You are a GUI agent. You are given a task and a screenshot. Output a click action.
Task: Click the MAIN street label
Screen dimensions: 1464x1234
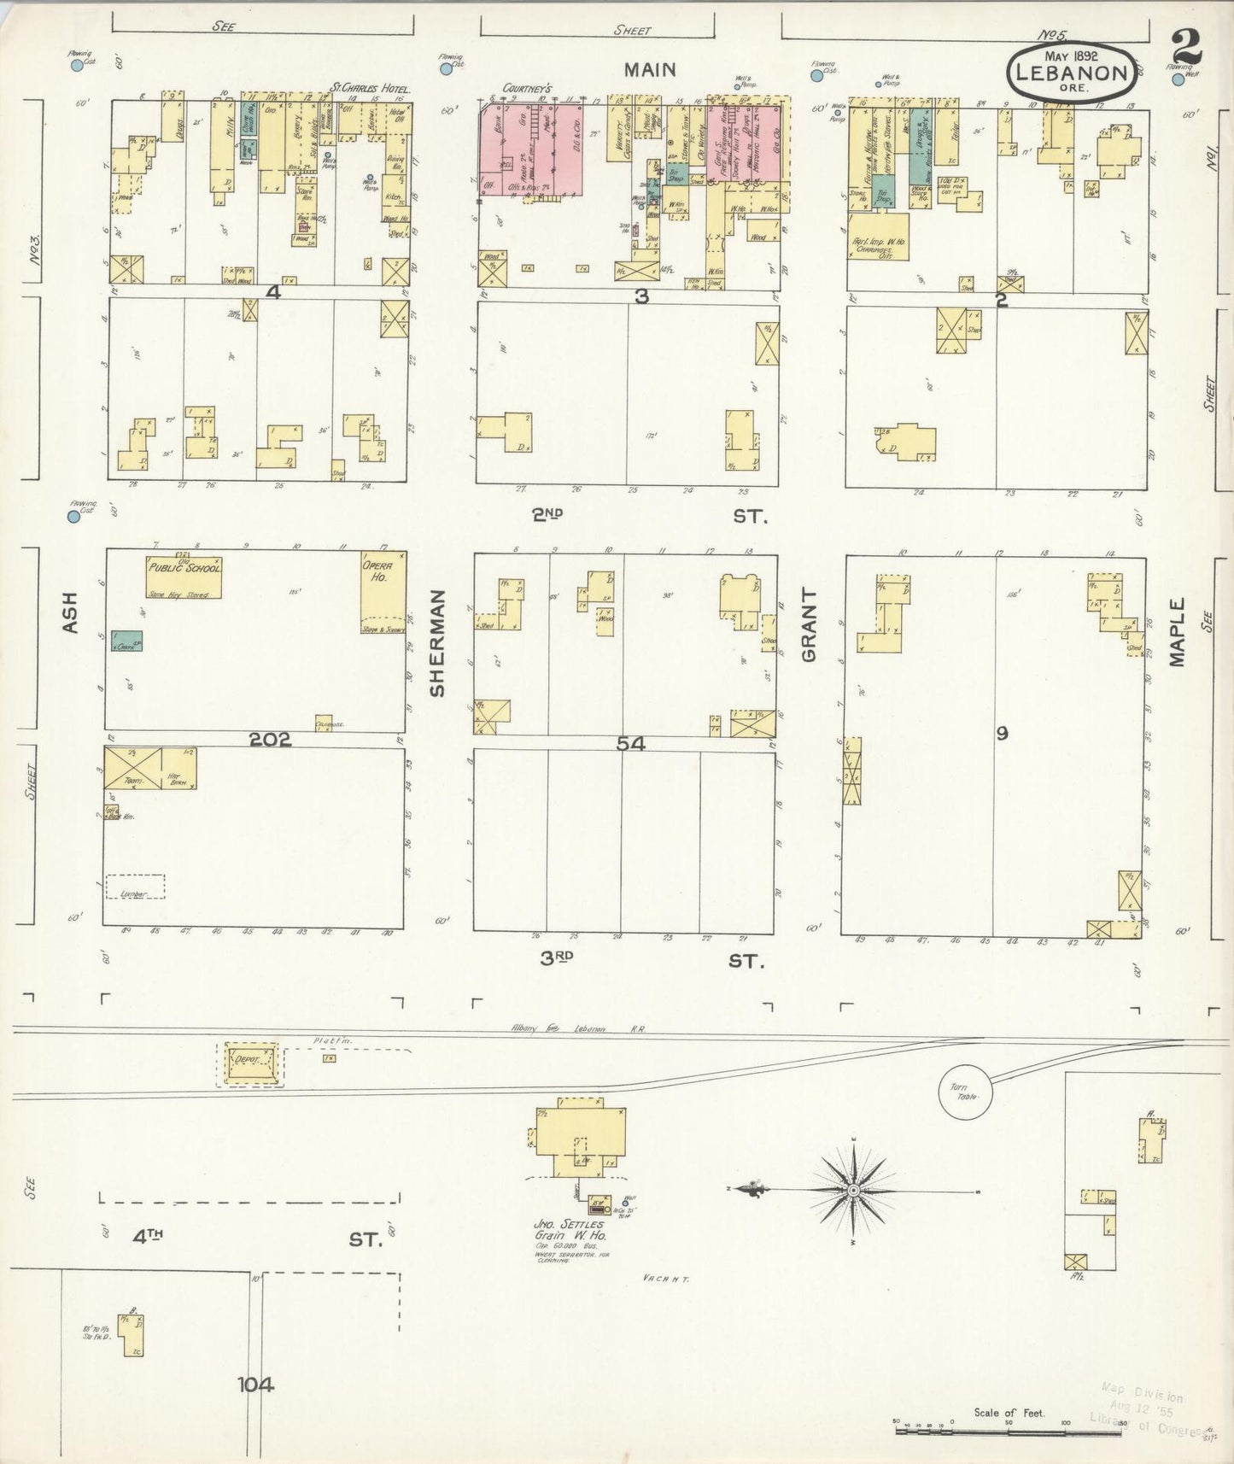pyautogui.click(x=649, y=70)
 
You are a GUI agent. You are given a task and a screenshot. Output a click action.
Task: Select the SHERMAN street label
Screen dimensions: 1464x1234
pyautogui.click(x=439, y=643)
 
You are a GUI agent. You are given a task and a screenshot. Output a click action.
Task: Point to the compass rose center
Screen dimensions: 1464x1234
pyautogui.click(x=853, y=1191)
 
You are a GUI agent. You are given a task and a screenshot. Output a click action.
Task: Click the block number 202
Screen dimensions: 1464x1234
pyautogui.click(x=270, y=740)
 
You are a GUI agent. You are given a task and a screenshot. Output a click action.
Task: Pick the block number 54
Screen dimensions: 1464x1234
pyautogui.click(x=631, y=744)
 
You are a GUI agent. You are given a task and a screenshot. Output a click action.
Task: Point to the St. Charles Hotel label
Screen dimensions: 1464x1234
pyautogui.click(x=371, y=88)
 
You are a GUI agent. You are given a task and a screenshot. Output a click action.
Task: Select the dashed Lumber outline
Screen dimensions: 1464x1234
pyautogui.click(x=135, y=887)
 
